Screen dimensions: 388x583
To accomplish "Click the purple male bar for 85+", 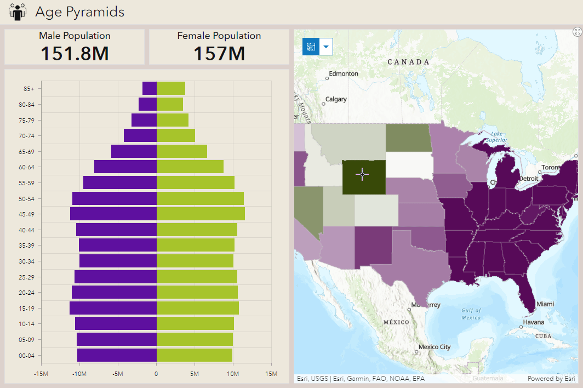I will coord(150,88).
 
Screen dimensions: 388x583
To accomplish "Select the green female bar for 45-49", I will coord(201,214).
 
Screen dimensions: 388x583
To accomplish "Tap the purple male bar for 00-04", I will coord(117,355).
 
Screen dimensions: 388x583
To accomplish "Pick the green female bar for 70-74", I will coord(176,135).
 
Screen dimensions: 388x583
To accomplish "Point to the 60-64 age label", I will coord(26,167).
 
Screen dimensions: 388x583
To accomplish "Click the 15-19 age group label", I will coord(26,308).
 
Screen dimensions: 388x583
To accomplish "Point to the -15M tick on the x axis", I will coord(42,374).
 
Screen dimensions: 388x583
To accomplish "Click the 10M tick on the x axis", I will coord(233,374).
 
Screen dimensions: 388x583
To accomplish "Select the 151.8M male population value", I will coord(75,54).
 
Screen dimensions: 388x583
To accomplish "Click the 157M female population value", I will coord(219,54).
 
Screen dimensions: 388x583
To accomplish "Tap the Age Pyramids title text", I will coord(80,12).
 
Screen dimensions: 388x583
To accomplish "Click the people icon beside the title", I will coord(18,12).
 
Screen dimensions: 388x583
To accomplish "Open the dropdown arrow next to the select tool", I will coord(326,47).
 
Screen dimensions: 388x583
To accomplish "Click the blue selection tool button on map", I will coord(311,47).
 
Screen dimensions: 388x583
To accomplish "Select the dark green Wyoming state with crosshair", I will coord(364,177).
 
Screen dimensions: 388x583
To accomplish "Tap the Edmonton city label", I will coord(344,73).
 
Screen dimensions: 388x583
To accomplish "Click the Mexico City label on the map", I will coord(434,347).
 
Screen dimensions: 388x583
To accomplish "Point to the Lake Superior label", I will coord(496,136).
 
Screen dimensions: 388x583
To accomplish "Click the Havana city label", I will coord(533,322).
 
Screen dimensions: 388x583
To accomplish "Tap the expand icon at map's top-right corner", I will coord(576,32).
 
